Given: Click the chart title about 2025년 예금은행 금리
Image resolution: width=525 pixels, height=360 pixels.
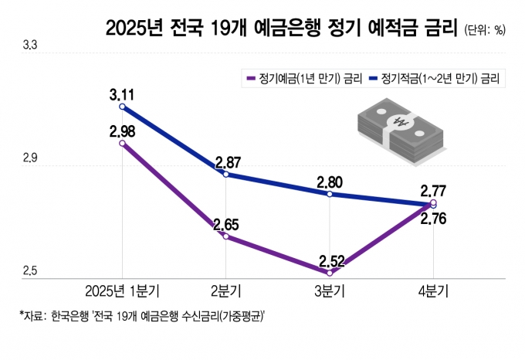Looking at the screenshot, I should click(283, 29).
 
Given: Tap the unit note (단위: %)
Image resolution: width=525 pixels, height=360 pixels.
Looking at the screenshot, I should click(486, 31).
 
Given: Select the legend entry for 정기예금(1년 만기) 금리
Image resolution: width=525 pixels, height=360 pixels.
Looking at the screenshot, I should click(306, 78).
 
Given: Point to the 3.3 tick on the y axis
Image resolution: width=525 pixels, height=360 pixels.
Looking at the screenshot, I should click(30, 46).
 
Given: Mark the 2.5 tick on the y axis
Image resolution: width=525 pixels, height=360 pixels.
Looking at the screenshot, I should click(30, 270).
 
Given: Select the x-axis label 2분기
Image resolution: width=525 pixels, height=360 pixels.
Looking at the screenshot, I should click(225, 291).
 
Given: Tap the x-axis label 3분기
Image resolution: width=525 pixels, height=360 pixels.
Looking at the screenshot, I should click(330, 291).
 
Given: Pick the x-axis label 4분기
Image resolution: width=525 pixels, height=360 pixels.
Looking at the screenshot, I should click(433, 291).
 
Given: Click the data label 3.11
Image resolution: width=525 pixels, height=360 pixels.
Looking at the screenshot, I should click(123, 95).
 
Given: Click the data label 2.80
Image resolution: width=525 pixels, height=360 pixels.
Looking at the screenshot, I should click(330, 182).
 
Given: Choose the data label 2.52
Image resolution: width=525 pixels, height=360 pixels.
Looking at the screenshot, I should click(330, 261).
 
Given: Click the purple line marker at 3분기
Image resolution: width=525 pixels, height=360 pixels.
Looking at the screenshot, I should click(330, 273).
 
